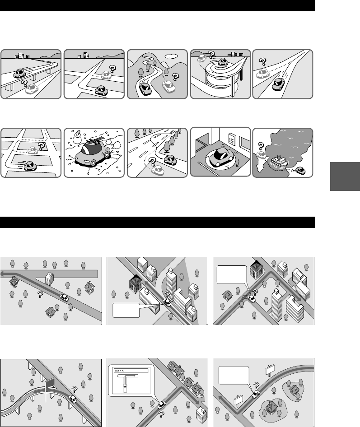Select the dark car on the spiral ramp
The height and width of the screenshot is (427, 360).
pyautogui.click(x=223, y=62)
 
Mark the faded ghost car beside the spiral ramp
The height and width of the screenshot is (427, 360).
pyautogui.click(x=202, y=58)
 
